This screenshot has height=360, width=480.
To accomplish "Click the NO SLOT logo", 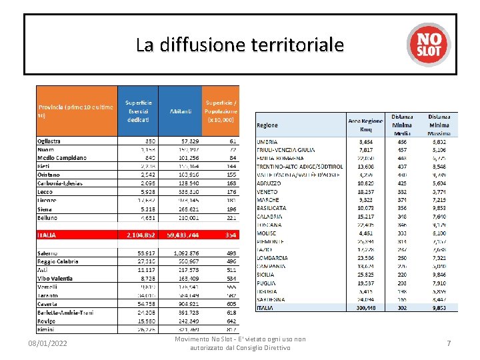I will coord(429,45).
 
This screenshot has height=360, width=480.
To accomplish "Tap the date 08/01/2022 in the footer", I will coord(47,343).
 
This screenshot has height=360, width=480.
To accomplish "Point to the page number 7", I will coord(449,343).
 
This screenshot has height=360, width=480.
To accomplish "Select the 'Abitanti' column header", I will coord(181,111).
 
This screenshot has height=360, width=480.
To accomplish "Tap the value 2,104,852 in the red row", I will coord(141,235).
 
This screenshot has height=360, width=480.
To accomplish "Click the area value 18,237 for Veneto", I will coord(365,191).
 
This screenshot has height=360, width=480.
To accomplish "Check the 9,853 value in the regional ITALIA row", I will coord(444,308).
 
